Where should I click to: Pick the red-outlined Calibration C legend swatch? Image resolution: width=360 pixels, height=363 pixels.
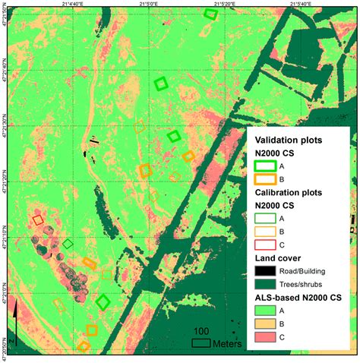point(265,245)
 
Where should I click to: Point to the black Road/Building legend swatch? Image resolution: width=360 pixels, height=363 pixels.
point(265,271)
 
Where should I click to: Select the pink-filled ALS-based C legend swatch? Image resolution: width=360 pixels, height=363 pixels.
point(265,336)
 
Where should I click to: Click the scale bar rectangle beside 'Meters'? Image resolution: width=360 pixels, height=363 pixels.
point(201,343)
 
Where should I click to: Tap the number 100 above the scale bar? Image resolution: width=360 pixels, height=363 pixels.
point(201,332)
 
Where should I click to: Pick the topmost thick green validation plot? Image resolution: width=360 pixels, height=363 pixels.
point(211,14)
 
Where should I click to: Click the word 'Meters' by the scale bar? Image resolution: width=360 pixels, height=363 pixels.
point(228,343)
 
